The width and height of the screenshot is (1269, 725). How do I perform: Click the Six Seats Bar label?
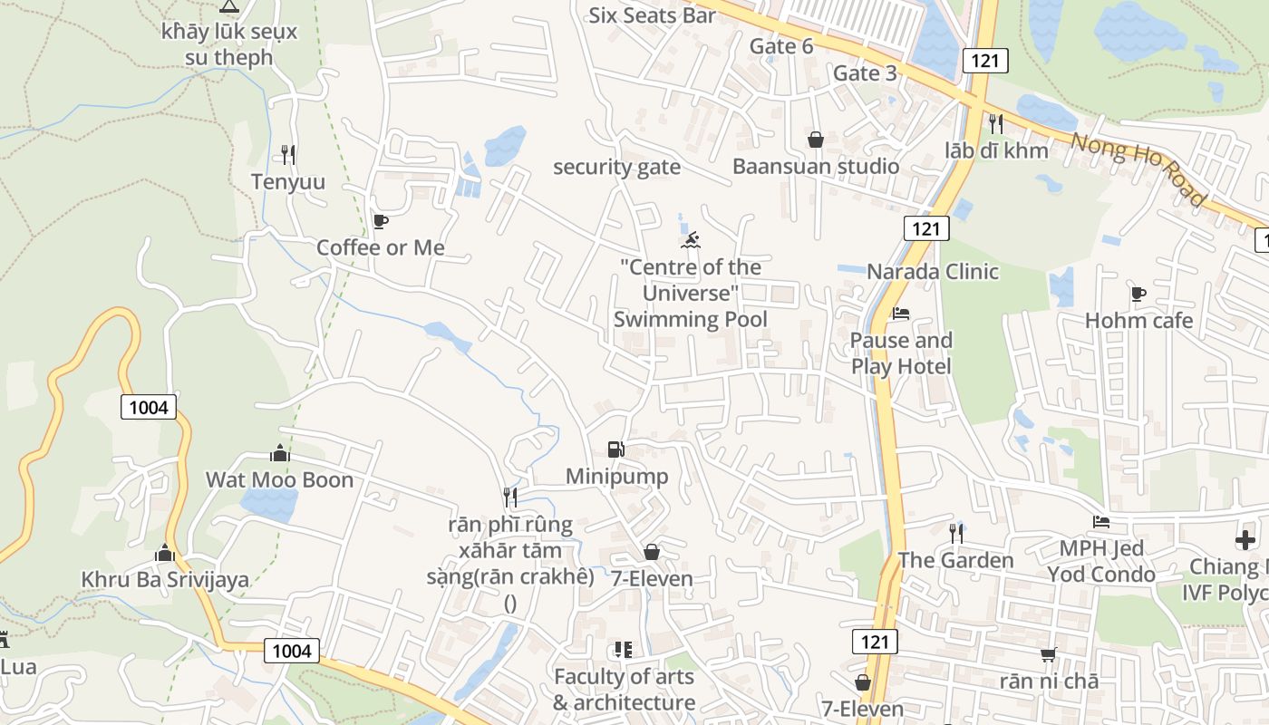coord(652,15)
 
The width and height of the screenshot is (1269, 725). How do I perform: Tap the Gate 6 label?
coord(781,46)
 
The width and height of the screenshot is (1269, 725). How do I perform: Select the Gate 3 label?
coord(865,73)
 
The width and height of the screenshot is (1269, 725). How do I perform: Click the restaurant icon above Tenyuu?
coord(288,155)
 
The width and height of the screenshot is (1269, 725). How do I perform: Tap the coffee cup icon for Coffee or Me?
coord(381,221)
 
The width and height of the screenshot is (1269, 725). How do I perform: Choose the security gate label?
coord(616,167)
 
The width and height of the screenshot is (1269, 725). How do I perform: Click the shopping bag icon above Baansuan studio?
coord(816,140)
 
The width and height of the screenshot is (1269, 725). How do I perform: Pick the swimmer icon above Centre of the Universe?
coord(691,241)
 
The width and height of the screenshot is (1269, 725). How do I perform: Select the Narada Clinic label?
coord(933,272)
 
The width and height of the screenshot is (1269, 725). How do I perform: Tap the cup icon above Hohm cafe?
coord(1138,294)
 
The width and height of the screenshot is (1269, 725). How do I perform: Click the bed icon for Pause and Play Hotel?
coord(900,314)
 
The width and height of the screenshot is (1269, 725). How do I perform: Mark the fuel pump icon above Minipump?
coord(616,449)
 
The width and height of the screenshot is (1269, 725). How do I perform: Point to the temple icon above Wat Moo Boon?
coord(280,453)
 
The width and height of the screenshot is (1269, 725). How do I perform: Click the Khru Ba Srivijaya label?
coord(165,580)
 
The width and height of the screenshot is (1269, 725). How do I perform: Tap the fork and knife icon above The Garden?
coord(956,533)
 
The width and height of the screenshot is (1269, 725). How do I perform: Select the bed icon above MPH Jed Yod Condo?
coord(1101,522)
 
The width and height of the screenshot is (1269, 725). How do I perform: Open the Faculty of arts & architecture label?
coord(624,690)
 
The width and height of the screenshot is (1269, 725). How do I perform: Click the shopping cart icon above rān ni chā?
coord(1049,654)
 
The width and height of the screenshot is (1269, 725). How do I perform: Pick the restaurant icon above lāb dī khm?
coord(996,123)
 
